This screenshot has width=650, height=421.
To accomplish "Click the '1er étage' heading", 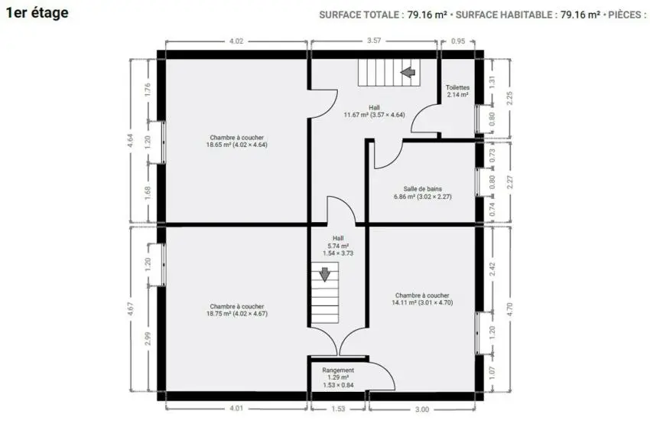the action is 37,13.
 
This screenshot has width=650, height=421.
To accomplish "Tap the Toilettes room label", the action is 457,91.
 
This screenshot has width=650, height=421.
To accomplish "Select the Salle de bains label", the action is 422,193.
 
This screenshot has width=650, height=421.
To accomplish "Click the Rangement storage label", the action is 338,377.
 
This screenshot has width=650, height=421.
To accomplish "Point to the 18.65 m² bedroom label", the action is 237,141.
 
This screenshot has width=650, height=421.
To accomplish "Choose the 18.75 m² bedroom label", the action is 237,310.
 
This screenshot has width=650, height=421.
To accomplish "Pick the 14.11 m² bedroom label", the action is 422,299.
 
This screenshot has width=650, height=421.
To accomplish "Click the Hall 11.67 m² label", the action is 374,111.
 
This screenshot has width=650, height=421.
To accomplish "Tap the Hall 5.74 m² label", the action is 338,246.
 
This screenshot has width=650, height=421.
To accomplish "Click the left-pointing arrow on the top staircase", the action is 408,72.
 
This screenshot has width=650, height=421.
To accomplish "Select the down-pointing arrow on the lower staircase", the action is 324,275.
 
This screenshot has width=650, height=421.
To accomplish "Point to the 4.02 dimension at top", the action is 236,41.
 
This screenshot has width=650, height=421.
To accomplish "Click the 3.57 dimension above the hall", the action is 374,41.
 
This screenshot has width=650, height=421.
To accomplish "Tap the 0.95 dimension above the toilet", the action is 458,41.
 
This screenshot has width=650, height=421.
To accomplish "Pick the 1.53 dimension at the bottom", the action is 338,409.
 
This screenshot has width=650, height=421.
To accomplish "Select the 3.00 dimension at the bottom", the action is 422,410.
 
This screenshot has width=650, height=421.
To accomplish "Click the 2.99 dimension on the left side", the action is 148,338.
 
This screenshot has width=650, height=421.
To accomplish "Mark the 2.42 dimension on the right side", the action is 492,269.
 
